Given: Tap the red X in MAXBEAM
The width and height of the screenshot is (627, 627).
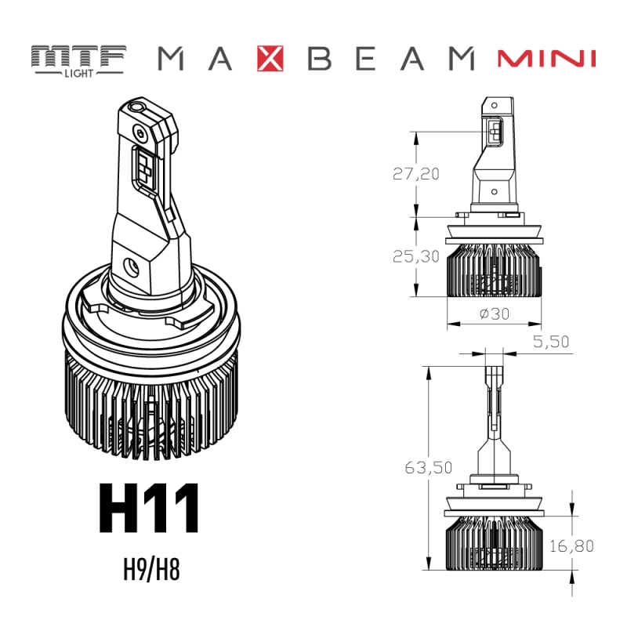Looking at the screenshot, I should pyautogui.click(x=270, y=60).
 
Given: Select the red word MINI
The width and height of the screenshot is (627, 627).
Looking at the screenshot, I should pyautogui.click(x=546, y=60).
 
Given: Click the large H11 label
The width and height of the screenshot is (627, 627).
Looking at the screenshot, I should pyautogui.click(x=149, y=509).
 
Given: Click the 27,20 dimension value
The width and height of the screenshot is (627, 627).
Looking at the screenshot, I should pyautogui.click(x=415, y=174).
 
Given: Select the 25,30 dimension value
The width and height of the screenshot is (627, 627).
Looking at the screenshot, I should pyautogui.click(x=415, y=256).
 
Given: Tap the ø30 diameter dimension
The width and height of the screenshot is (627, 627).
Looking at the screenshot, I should pyautogui.click(x=493, y=313).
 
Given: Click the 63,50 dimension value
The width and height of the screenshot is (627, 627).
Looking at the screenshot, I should pyautogui.click(x=429, y=468).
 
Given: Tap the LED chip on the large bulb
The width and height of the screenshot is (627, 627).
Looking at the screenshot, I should pyautogui.click(x=146, y=166).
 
